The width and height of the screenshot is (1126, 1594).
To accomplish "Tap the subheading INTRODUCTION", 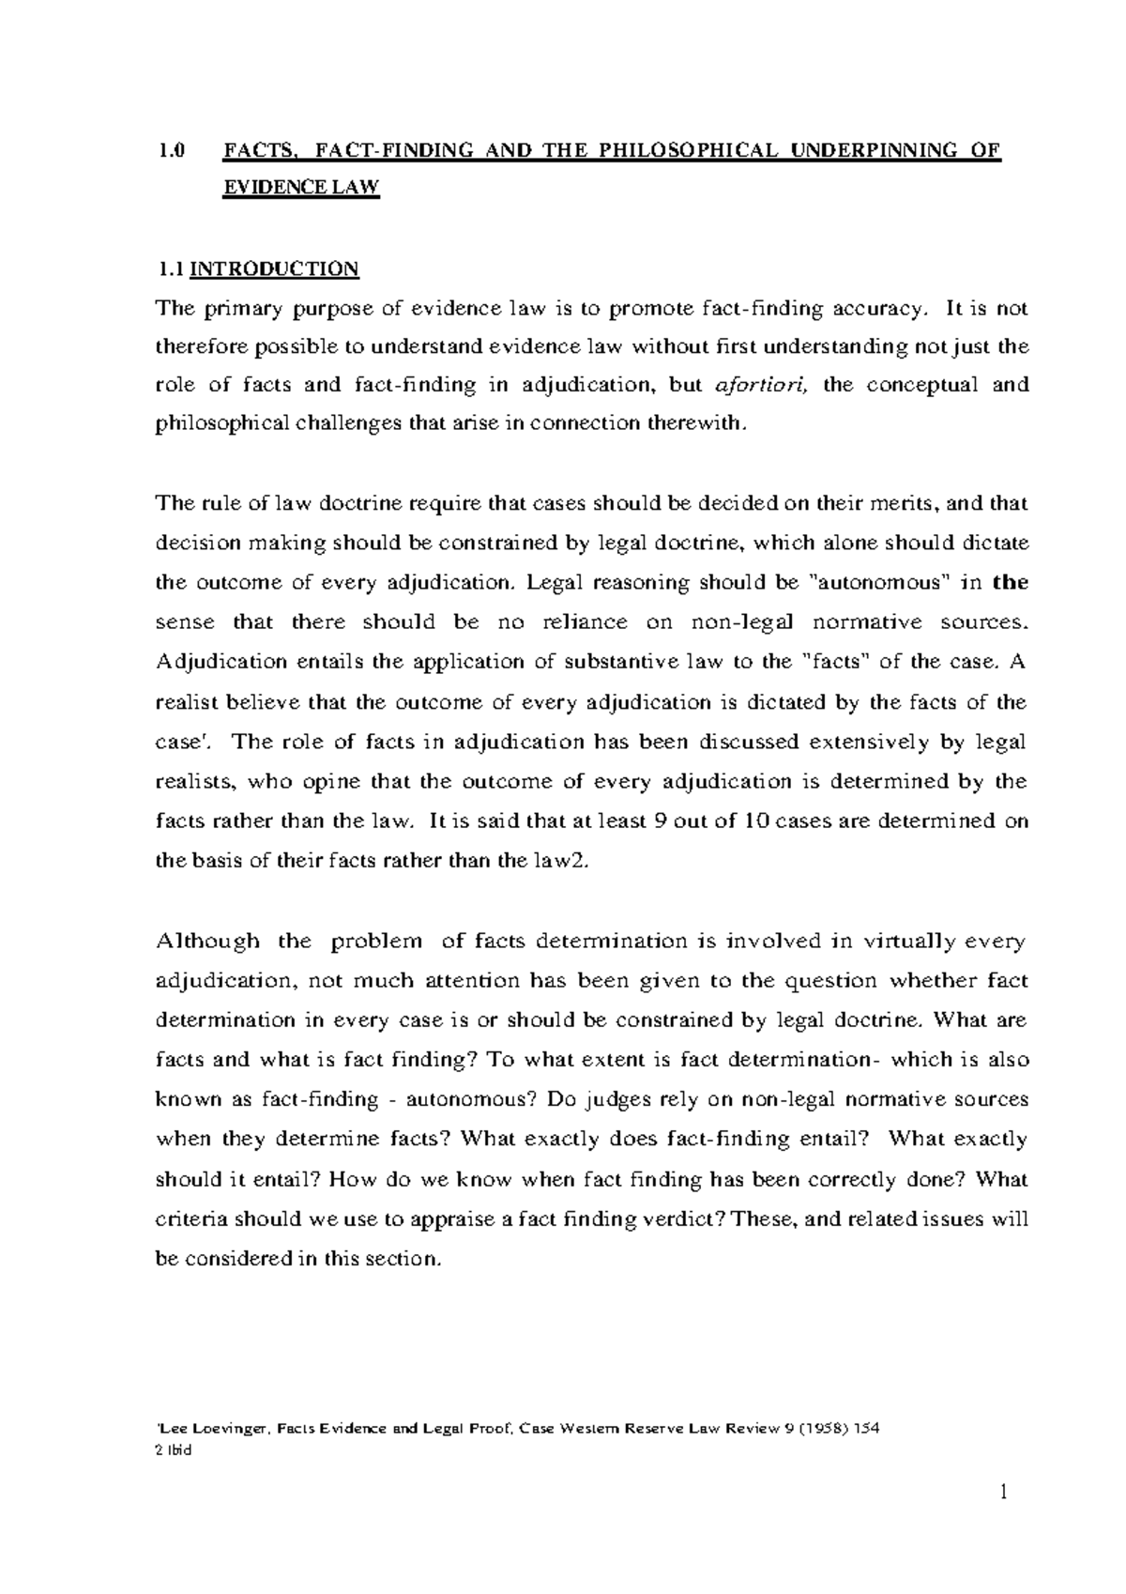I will pyautogui.click(x=275, y=269).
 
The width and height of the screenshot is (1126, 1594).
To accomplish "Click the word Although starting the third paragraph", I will pyautogui.click(x=208, y=941).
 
